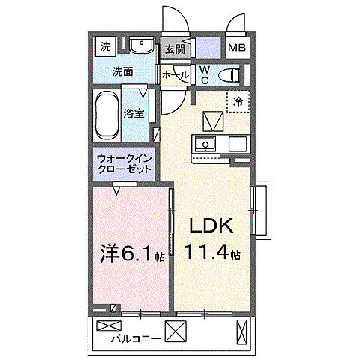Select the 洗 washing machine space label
[x=105, y=46]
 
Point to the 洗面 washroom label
[x=122, y=72]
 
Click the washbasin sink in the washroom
[x=140, y=46]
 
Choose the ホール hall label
[x=175, y=74]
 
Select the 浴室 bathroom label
[x=135, y=114]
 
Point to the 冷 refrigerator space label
[x=238, y=101]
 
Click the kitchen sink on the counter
[x=205, y=144]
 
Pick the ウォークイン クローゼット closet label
[x=124, y=163]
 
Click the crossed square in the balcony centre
[x=175, y=330]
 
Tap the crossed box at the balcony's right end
[x=241, y=330]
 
